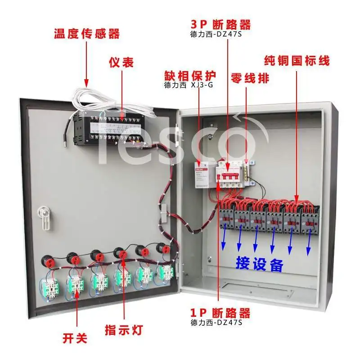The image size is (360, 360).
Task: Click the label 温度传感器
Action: [x=87, y=34]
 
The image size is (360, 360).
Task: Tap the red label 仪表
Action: [x=121, y=62]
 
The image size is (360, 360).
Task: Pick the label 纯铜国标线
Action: [x=297, y=60]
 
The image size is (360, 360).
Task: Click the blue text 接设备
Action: [x=260, y=264]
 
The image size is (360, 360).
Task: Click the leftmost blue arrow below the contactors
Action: [x=224, y=243]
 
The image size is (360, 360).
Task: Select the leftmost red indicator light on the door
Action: [x=47, y=260]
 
